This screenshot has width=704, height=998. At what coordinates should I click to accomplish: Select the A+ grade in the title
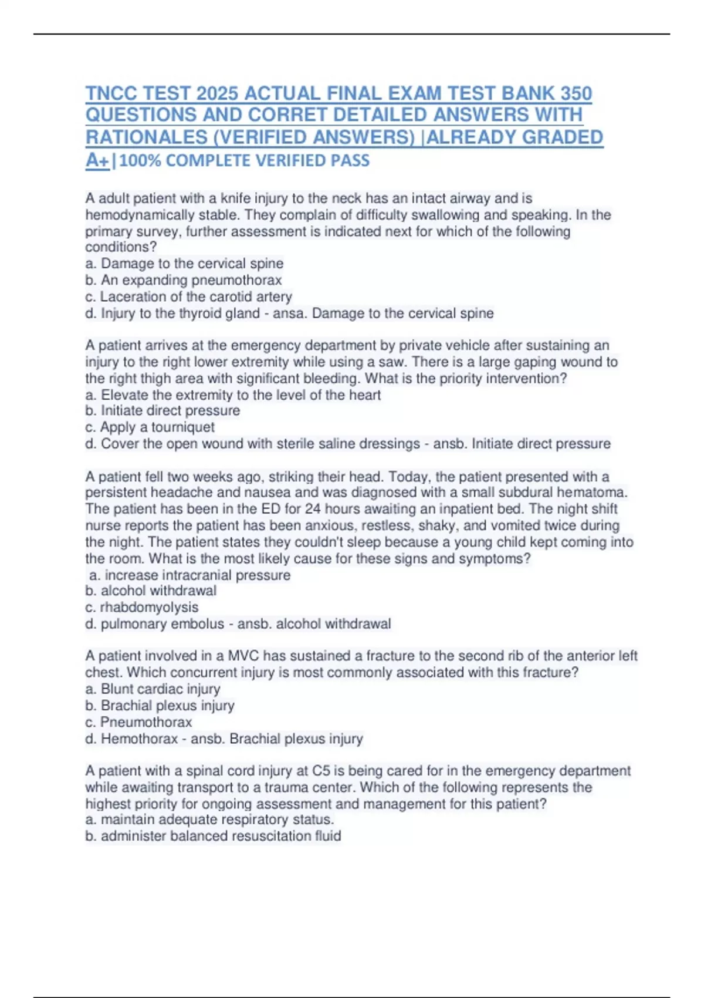point(97,160)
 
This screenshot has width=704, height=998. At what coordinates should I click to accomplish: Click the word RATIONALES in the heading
point(147,137)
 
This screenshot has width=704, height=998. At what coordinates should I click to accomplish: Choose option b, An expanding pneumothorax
point(184,280)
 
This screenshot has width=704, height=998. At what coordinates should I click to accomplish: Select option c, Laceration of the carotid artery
point(188,296)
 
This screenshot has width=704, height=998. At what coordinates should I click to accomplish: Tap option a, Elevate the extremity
point(233,395)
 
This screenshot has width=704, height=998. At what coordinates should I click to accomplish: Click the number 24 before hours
point(313,509)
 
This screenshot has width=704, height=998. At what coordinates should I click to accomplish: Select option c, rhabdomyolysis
point(141,607)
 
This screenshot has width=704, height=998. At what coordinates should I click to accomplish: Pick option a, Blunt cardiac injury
point(153,689)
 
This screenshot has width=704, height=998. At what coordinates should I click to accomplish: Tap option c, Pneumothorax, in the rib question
point(138,721)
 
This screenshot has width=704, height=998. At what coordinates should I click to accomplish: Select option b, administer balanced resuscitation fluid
point(213,835)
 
